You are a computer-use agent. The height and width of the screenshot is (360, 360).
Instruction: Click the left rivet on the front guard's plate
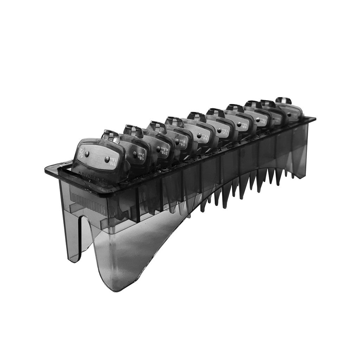(x=87, y=153)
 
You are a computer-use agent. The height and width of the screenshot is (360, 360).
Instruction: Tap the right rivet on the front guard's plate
(x=107, y=159)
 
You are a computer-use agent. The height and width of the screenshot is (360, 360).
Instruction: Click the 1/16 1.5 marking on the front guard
(x=118, y=161)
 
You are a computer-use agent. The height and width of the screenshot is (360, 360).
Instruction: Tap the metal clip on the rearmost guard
(x=284, y=101)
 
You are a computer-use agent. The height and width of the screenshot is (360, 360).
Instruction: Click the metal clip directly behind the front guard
(x=110, y=134)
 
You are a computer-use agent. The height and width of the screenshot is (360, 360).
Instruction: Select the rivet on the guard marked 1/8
(x=135, y=154)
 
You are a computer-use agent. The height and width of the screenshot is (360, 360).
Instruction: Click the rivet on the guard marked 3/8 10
(x=199, y=135)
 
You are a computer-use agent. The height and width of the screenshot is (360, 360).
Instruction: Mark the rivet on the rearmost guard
(x=289, y=114)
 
